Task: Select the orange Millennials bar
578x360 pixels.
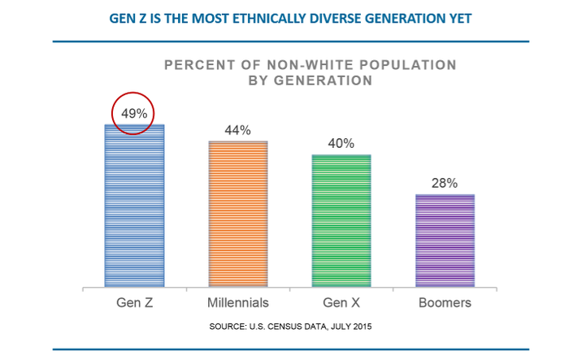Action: pyautogui.click(x=238, y=215)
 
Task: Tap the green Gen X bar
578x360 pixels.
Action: pyautogui.click(x=341, y=221)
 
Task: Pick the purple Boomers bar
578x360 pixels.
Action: pyautogui.click(x=445, y=241)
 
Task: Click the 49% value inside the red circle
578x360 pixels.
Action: pyautogui.click(x=134, y=114)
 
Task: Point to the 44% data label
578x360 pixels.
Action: pyautogui.click(x=238, y=130)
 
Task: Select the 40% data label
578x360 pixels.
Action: pyautogui.click(x=341, y=144)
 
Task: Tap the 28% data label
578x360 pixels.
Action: pyautogui.click(x=445, y=183)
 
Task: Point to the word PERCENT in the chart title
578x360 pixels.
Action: pyautogui.click(x=198, y=65)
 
